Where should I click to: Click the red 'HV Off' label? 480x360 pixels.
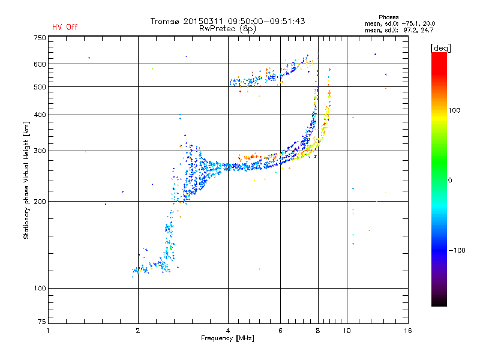click(x=65, y=27)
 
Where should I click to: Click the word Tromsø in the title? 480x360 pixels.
click(x=165, y=21)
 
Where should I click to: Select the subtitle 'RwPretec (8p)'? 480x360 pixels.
click(x=227, y=29)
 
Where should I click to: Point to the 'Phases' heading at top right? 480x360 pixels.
click(x=388, y=17)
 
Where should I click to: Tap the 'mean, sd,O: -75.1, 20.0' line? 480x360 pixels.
click(x=400, y=23)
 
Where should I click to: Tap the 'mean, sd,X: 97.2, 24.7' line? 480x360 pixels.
click(x=399, y=30)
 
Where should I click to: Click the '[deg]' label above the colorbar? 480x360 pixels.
click(x=440, y=48)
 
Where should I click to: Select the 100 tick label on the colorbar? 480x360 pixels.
click(x=454, y=110)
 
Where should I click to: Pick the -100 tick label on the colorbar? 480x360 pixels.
click(x=457, y=250)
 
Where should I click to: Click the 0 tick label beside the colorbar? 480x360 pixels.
click(x=450, y=181)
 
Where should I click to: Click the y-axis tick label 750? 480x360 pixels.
click(x=40, y=38)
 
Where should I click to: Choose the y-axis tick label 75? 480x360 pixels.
click(x=41, y=322)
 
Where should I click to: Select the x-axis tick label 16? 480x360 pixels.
click(x=408, y=331)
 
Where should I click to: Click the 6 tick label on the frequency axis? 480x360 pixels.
click(x=280, y=331)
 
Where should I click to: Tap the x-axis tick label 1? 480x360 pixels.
click(x=48, y=331)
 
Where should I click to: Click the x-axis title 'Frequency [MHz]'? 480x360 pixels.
click(x=227, y=338)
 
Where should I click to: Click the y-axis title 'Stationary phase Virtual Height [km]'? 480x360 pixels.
click(x=26, y=181)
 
